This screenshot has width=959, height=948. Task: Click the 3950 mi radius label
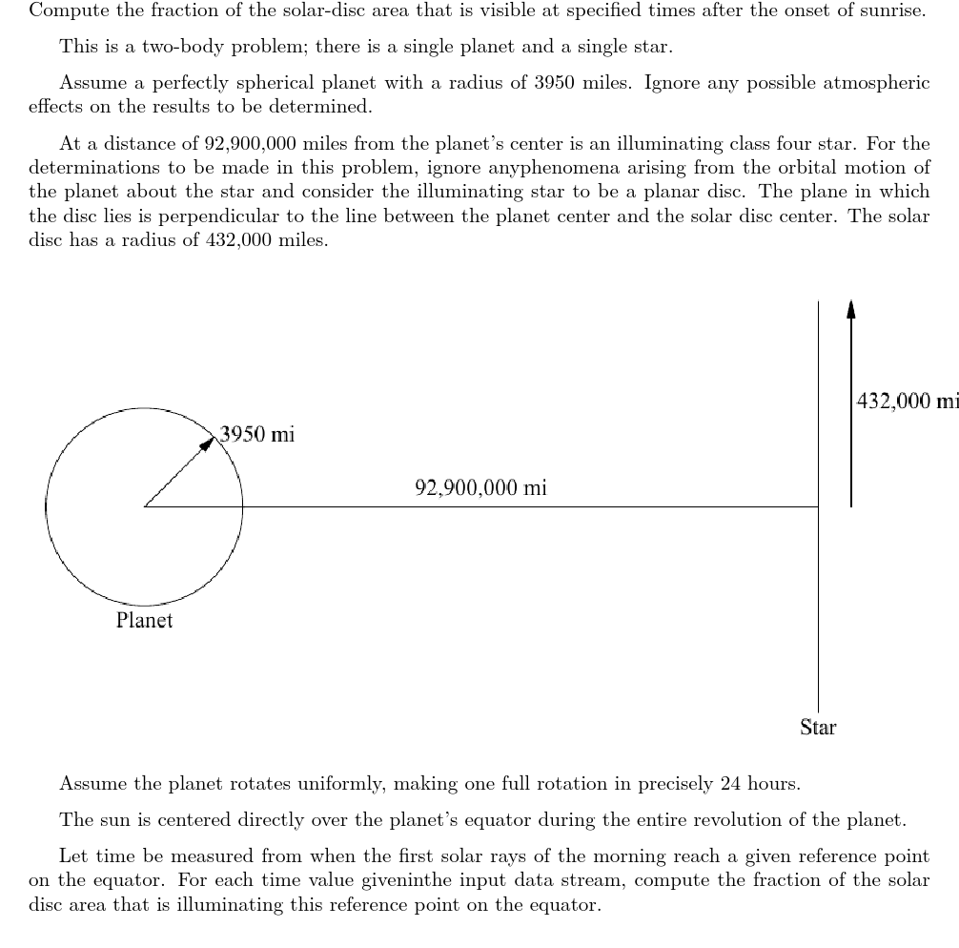click(x=257, y=435)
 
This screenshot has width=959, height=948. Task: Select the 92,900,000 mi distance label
click(x=480, y=488)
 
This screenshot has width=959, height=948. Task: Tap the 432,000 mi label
click(x=907, y=402)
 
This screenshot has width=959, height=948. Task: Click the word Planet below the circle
click(x=144, y=621)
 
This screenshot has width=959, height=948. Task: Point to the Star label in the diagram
click(x=818, y=728)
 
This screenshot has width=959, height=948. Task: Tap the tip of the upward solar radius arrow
click(x=851, y=305)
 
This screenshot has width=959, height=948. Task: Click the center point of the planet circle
click(x=144, y=506)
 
